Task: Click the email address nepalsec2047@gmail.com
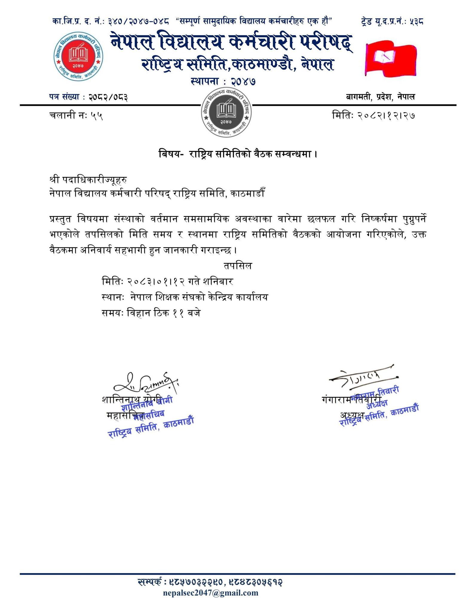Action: click(211, 593)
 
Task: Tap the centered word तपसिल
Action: click(238, 266)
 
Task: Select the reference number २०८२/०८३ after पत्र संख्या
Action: click(108, 97)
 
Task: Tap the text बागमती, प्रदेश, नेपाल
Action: click(380, 97)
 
